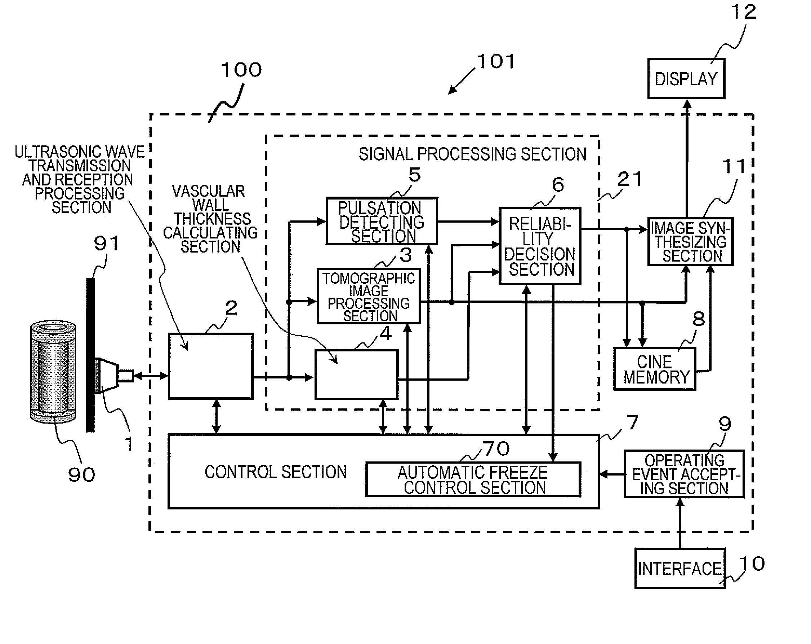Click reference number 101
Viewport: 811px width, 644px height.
click(x=496, y=61)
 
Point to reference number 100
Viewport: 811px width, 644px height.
click(x=241, y=70)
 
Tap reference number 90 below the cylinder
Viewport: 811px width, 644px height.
click(x=82, y=474)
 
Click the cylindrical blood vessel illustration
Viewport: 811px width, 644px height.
click(x=53, y=371)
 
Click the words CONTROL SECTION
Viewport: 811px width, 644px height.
click(x=275, y=472)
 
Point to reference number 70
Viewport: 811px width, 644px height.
click(x=496, y=449)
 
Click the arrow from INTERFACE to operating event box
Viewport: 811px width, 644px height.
click(x=680, y=523)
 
